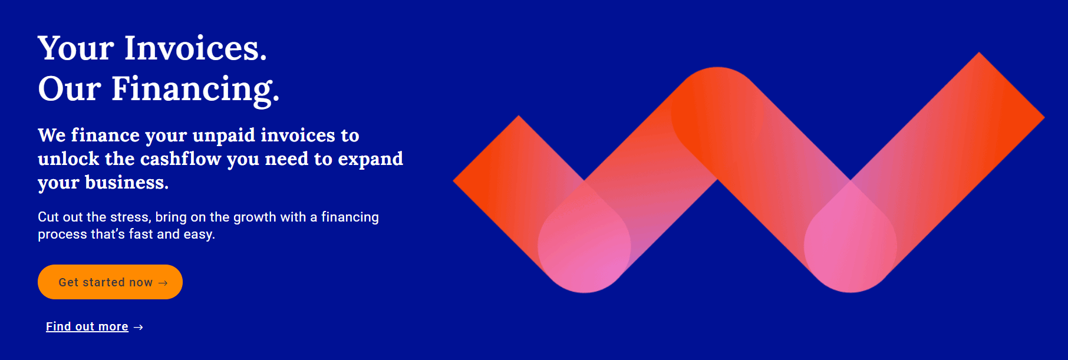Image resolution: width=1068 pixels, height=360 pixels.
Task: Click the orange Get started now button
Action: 110,282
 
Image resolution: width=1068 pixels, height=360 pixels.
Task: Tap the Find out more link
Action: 87,326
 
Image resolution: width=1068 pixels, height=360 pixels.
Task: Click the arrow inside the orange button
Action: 163,283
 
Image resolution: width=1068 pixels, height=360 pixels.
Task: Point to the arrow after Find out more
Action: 139,327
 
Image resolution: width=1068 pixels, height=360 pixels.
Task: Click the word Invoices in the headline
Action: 196,48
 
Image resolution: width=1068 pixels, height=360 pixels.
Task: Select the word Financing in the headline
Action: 196,90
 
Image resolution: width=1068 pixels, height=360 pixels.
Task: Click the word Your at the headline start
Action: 76,48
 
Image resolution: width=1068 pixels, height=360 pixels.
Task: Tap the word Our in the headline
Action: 70,89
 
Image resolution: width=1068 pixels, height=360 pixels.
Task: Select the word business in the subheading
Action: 127,182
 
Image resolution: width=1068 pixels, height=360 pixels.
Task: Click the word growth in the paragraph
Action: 255,217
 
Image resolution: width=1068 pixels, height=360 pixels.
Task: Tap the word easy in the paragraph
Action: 199,235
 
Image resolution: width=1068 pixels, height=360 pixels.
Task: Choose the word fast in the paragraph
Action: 141,234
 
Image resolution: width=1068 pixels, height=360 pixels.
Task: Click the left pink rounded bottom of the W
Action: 584,259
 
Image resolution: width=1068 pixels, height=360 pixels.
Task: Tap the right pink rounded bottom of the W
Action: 851,259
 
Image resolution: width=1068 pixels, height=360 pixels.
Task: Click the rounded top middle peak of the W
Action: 717,82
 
